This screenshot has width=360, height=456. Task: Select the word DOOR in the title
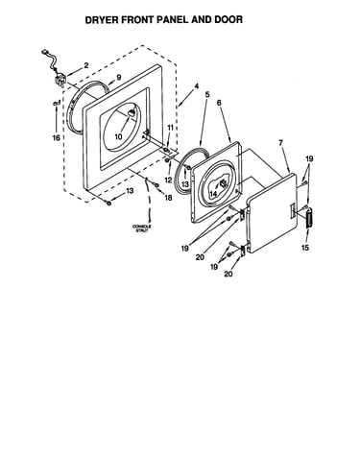click(x=228, y=19)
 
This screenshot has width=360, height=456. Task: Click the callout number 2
click(x=85, y=65)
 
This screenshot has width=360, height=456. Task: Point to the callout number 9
click(x=119, y=77)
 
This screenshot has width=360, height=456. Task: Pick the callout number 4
click(x=197, y=86)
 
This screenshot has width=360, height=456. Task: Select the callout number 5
click(x=207, y=95)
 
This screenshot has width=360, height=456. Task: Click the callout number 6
click(x=219, y=103)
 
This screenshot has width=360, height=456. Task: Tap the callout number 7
click(x=281, y=143)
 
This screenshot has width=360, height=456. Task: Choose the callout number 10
click(x=118, y=137)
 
